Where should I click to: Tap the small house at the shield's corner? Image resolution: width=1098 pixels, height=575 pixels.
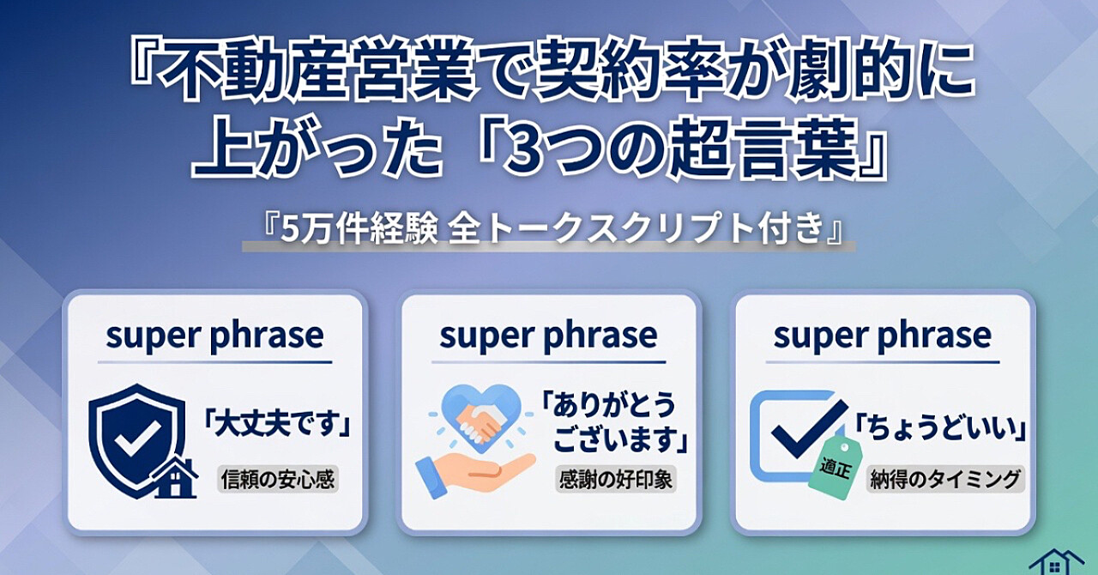176,478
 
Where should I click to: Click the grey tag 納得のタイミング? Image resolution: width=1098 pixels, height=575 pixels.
944,479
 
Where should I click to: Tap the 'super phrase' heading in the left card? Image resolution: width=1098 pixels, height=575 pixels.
214,336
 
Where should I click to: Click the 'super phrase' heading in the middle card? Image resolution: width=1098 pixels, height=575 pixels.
548,336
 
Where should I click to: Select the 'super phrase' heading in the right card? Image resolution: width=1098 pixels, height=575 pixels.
882,336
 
